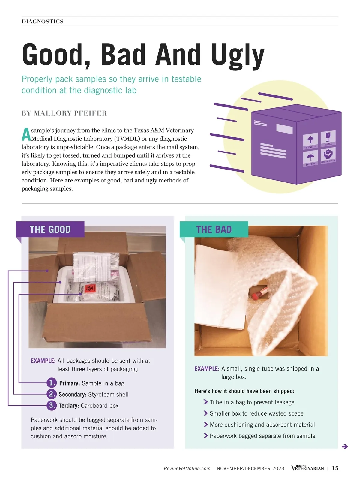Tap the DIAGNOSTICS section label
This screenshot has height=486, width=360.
(43, 22)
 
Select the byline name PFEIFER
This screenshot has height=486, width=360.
(90, 113)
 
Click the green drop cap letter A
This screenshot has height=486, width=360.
(26, 134)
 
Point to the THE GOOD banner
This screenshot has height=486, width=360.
(50, 229)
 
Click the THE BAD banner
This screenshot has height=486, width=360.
(214, 229)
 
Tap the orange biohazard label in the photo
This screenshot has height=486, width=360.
(90, 288)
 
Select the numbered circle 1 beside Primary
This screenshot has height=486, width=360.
(52, 382)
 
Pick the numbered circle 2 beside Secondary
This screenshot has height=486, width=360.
(52, 394)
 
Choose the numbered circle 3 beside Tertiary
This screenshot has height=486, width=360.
(52, 405)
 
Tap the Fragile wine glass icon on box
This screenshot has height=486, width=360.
(328, 138)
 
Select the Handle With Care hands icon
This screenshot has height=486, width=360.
(328, 155)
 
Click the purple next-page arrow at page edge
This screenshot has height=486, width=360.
(345, 446)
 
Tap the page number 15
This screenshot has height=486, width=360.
(335, 468)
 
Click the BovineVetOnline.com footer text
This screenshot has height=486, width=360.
(187, 468)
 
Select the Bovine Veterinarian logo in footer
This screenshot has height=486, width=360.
(307, 468)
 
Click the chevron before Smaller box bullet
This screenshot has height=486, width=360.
(205, 413)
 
